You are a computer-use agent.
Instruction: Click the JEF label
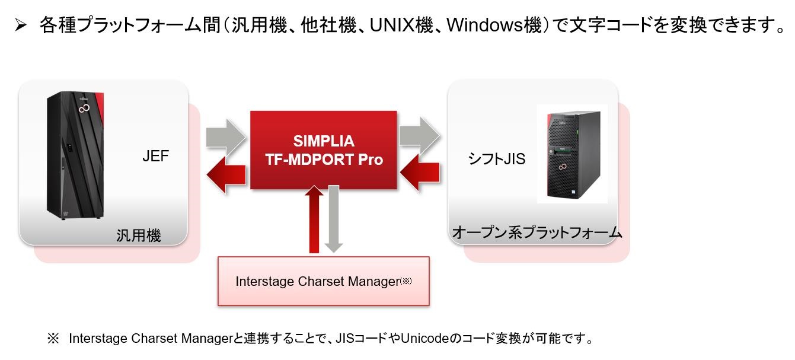[155, 156]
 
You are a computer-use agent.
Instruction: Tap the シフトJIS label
[497, 159]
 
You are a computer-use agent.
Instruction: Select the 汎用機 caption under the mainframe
[138, 235]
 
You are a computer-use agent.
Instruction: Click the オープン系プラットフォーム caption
[537, 232]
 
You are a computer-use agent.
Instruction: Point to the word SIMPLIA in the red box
[324, 141]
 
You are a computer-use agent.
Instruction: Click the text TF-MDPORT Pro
[324, 160]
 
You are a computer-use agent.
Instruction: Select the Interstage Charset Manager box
[323, 281]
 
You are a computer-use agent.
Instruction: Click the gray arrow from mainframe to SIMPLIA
[226, 137]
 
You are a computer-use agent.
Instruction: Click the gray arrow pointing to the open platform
[420, 135]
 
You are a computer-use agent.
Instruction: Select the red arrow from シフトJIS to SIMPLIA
[420, 173]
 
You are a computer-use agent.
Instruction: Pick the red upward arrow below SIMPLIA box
[314, 219]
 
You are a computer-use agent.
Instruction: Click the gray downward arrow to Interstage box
[334, 219]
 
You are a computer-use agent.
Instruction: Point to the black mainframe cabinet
[75, 155]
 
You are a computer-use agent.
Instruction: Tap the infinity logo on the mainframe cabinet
[84, 109]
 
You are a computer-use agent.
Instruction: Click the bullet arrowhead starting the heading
[21, 26]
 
